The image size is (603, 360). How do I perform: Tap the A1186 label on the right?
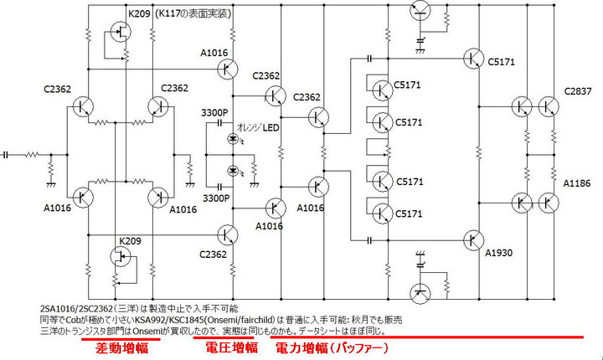coord(578,182)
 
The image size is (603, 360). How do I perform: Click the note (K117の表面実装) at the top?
coord(193,14)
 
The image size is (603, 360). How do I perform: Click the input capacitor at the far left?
coord(7,154)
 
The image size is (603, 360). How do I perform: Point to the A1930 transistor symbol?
coord(472,240)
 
